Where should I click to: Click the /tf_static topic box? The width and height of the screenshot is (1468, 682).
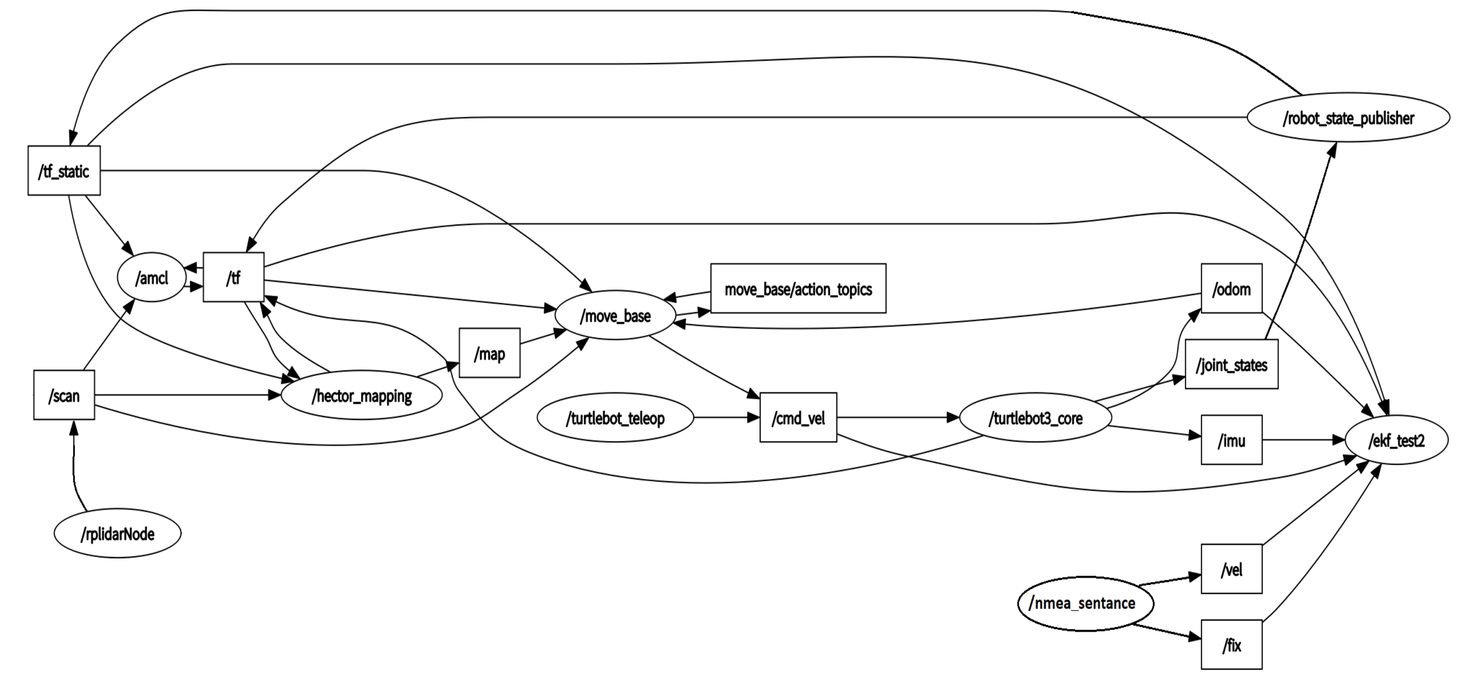64,171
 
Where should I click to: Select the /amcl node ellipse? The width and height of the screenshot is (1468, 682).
152,277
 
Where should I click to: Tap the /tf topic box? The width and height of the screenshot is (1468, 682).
234,277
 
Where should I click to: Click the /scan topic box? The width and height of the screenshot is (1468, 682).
64,395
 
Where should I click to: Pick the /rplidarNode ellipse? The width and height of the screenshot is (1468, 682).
117,534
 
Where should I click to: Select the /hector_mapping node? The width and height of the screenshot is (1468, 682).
361,395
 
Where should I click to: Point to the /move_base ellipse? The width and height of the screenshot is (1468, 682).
615,315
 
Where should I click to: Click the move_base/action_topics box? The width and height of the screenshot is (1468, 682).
798,289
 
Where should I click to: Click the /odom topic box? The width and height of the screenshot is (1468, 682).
1231,289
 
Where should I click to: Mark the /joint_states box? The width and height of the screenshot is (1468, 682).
1231,365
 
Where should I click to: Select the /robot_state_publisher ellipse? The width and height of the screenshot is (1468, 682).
1348,118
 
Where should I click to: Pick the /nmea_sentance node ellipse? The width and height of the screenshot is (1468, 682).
1085,603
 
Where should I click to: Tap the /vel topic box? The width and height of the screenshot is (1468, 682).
1231,569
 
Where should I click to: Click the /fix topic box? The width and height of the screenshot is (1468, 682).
1231,645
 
